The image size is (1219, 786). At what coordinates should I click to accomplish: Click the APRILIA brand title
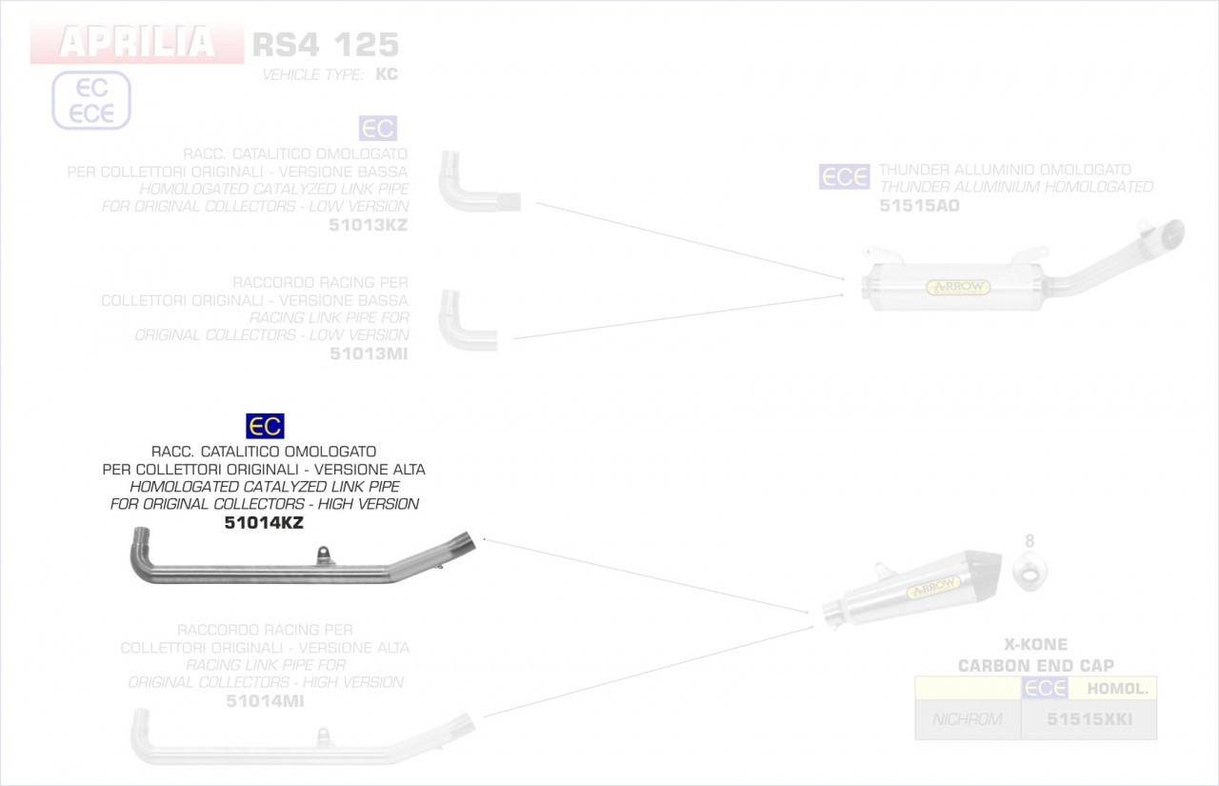(137, 43)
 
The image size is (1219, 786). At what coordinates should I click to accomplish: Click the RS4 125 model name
(325, 44)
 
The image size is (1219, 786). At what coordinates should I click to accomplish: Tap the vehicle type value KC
(387, 74)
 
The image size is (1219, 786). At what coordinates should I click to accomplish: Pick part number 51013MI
(370, 353)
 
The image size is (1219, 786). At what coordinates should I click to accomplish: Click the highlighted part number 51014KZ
(264, 522)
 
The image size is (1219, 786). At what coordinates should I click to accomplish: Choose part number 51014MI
(266, 701)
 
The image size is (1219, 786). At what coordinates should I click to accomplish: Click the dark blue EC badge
(265, 426)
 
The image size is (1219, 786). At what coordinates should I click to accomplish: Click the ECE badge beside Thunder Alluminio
(844, 177)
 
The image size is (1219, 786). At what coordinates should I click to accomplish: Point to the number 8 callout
(1029, 541)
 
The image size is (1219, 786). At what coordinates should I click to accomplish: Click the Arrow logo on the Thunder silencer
(958, 287)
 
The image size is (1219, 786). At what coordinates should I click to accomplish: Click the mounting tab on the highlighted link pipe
(326, 552)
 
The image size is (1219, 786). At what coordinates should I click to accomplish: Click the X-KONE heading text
(1035, 645)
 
